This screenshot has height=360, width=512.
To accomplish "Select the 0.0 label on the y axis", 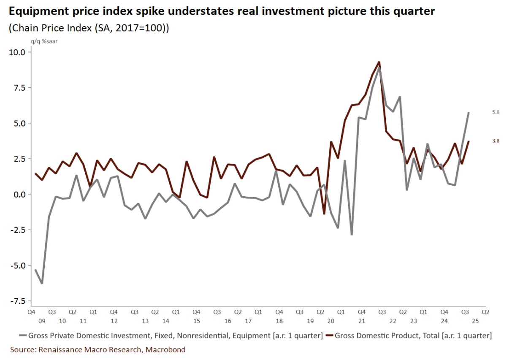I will (18, 195).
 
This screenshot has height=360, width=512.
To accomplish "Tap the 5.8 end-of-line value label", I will (496, 113).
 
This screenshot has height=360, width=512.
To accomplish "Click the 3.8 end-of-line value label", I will (496, 141).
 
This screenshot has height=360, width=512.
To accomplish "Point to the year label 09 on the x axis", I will (42, 321).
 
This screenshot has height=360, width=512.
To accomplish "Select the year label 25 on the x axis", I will (475, 321).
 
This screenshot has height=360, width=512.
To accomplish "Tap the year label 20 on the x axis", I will (330, 321).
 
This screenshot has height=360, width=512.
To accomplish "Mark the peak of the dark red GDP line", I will (379, 62).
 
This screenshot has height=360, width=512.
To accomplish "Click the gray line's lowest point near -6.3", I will (42, 283).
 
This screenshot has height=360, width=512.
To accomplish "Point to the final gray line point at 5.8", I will (469, 112).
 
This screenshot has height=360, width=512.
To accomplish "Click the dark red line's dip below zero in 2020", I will (324, 214).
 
